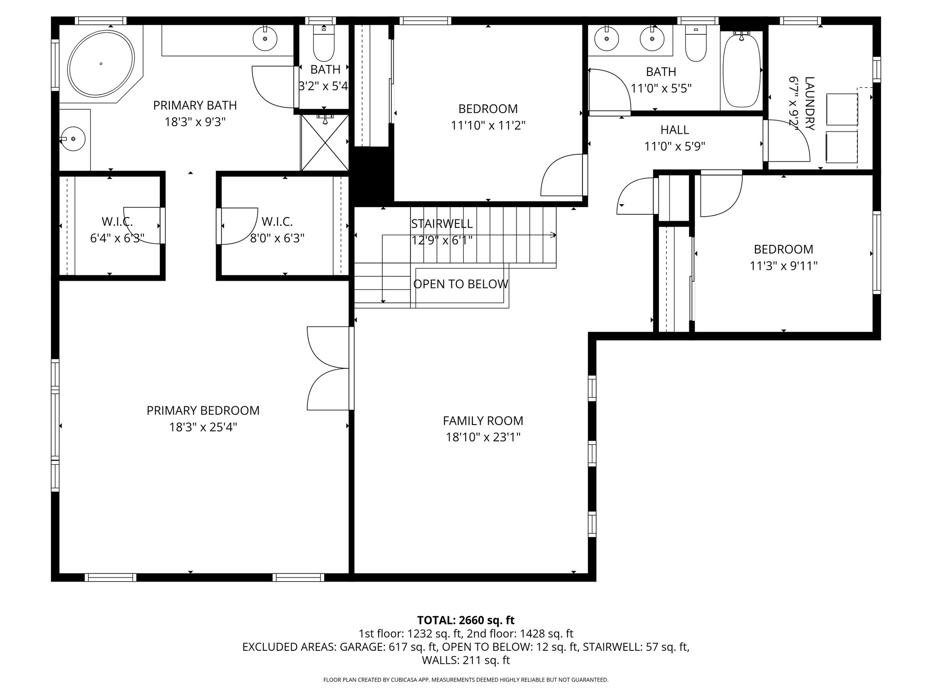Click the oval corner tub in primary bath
click(101, 64)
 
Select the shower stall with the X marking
click(324, 143)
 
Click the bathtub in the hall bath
click(741, 71)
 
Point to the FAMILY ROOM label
click(483, 420)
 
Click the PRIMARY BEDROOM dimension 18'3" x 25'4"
click(203, 427)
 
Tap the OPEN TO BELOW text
click(461, 284)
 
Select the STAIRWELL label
click(441, 224)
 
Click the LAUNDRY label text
click(809, 103)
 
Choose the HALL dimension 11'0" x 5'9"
click(674, 147)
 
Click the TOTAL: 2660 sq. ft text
click(466, 620)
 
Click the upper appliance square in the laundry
click(841, 109)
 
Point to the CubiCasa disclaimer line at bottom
click(466, 680)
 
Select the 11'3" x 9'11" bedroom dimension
click(783, 266)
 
